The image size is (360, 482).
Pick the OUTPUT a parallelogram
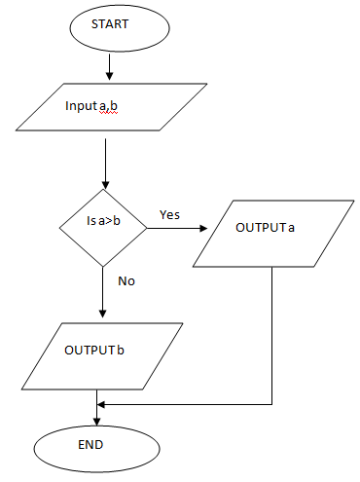(268, 233)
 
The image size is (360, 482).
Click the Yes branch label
(169, 215)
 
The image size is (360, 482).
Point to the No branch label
(126, 280)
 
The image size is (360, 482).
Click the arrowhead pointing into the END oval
(96, 420)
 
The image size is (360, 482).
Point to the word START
(110, 25)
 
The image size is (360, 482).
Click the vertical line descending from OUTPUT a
(270, 331)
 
